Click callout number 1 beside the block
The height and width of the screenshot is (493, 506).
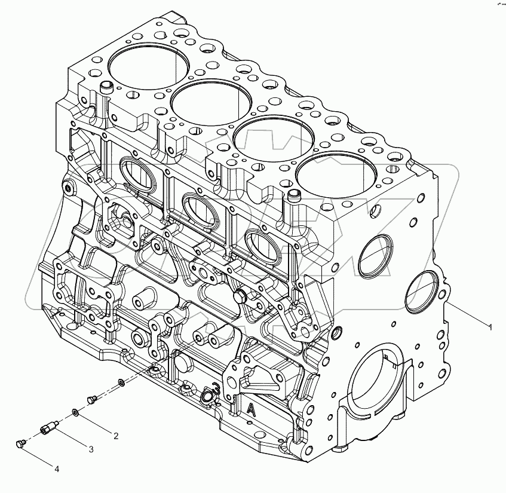click(490, 327)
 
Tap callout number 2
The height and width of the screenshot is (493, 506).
click(115, 436)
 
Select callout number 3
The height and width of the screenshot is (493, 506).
click(91, 449)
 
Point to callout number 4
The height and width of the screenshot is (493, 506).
click(57, 470)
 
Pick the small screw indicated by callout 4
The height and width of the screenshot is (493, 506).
click(20, 443)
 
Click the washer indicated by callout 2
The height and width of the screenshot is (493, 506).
click(75, 412)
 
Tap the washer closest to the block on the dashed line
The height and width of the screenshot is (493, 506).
click(122, 382)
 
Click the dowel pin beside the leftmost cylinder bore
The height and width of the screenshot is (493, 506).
click(108, 88)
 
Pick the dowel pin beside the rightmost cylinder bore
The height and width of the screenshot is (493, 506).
click(293, 195)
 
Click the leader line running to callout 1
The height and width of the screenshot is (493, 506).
click(469, 316)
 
